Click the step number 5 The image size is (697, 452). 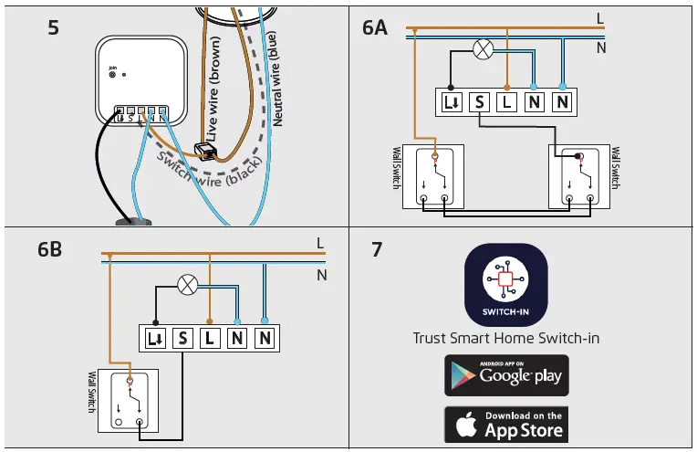53,27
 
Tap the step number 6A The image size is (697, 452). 374,28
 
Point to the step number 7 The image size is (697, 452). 377,248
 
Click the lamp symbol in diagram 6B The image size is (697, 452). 188,284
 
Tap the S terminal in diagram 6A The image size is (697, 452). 480,101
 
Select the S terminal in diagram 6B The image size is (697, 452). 182,338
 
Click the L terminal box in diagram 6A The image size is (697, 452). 507,101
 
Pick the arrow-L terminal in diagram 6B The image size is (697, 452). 154,338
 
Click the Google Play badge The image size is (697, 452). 506,375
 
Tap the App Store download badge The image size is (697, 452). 506,425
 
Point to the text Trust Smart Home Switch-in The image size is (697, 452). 506,338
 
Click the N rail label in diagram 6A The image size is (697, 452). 600,47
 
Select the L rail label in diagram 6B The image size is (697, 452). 320,244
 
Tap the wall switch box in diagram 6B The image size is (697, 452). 129,400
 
